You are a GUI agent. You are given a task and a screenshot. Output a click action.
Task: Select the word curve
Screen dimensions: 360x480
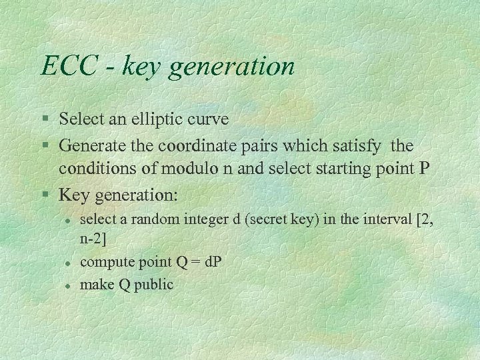pos(209,119)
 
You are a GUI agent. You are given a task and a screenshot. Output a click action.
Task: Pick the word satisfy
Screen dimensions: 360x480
pos(358,145)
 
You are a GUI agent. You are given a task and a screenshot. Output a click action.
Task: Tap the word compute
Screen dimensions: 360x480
pos(103,263)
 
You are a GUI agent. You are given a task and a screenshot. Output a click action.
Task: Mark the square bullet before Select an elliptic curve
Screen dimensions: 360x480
pos(45,120)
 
